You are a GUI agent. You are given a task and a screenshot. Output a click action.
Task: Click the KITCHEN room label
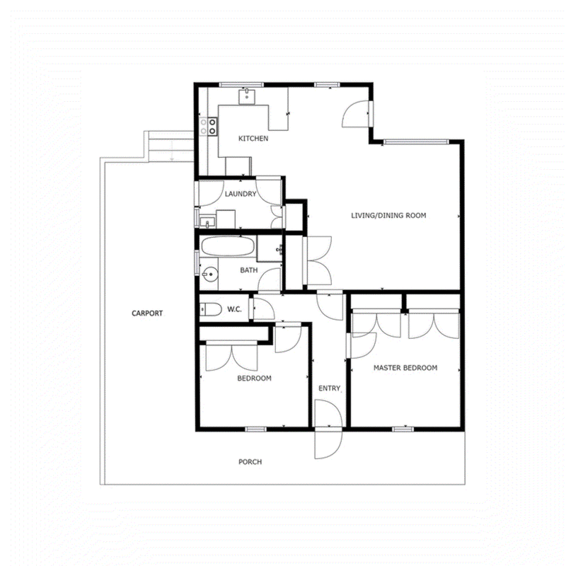pos(253,138)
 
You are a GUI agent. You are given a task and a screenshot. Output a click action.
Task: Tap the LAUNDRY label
pos(241,194)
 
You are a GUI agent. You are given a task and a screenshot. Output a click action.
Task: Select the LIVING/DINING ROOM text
pos(388,216)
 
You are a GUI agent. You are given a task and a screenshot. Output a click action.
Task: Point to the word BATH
pos(249,270)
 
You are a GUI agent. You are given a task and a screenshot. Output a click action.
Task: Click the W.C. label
pos(234,309)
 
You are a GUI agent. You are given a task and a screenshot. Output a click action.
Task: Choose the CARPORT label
pos(147,313)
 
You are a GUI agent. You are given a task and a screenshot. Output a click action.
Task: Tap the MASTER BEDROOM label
pos(405,368)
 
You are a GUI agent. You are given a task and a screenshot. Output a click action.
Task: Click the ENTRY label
pos(329,388)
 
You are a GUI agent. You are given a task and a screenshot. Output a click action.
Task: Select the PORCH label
pos(250,462)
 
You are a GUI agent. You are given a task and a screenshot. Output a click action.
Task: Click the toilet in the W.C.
pos(210,309)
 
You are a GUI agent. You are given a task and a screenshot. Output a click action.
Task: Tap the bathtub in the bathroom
pos(227,246)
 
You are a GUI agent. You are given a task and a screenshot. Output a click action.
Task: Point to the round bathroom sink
pos(209,275)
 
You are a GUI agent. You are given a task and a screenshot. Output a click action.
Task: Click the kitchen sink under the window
pos(247,96)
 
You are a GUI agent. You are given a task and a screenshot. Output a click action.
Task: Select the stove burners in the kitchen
pos(209,127)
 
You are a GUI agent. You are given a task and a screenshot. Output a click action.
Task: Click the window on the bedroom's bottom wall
pos(256,429)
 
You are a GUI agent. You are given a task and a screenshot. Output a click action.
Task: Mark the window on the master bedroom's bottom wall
pos(403,429)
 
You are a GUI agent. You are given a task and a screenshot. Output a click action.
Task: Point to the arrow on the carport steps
pos(172,151)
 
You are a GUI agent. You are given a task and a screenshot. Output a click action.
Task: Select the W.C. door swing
pos(264,307)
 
